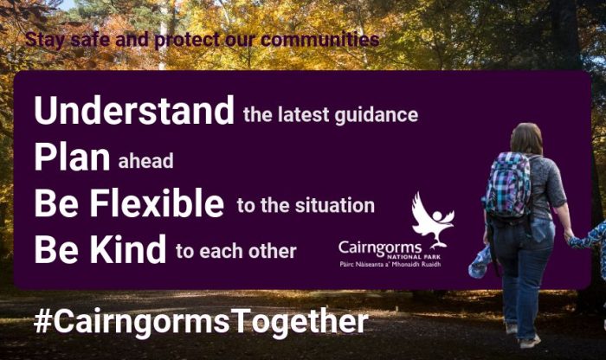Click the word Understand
click(x=134, y=110)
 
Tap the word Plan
click(x=72, y=157)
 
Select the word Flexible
click(x=157, y=202)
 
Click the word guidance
click(x=377, y=115)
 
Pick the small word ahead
click(x=145, y=161)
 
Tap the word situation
click(x=335, y=205)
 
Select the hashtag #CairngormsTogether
click(x=201, y=321)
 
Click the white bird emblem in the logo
click(x=433, y=219)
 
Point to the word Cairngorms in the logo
click(x=380, y=248)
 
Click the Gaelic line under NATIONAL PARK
click(x=390, y=265)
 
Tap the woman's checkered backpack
click(x=507, y=184)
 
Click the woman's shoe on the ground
click(x=530, y=342)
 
